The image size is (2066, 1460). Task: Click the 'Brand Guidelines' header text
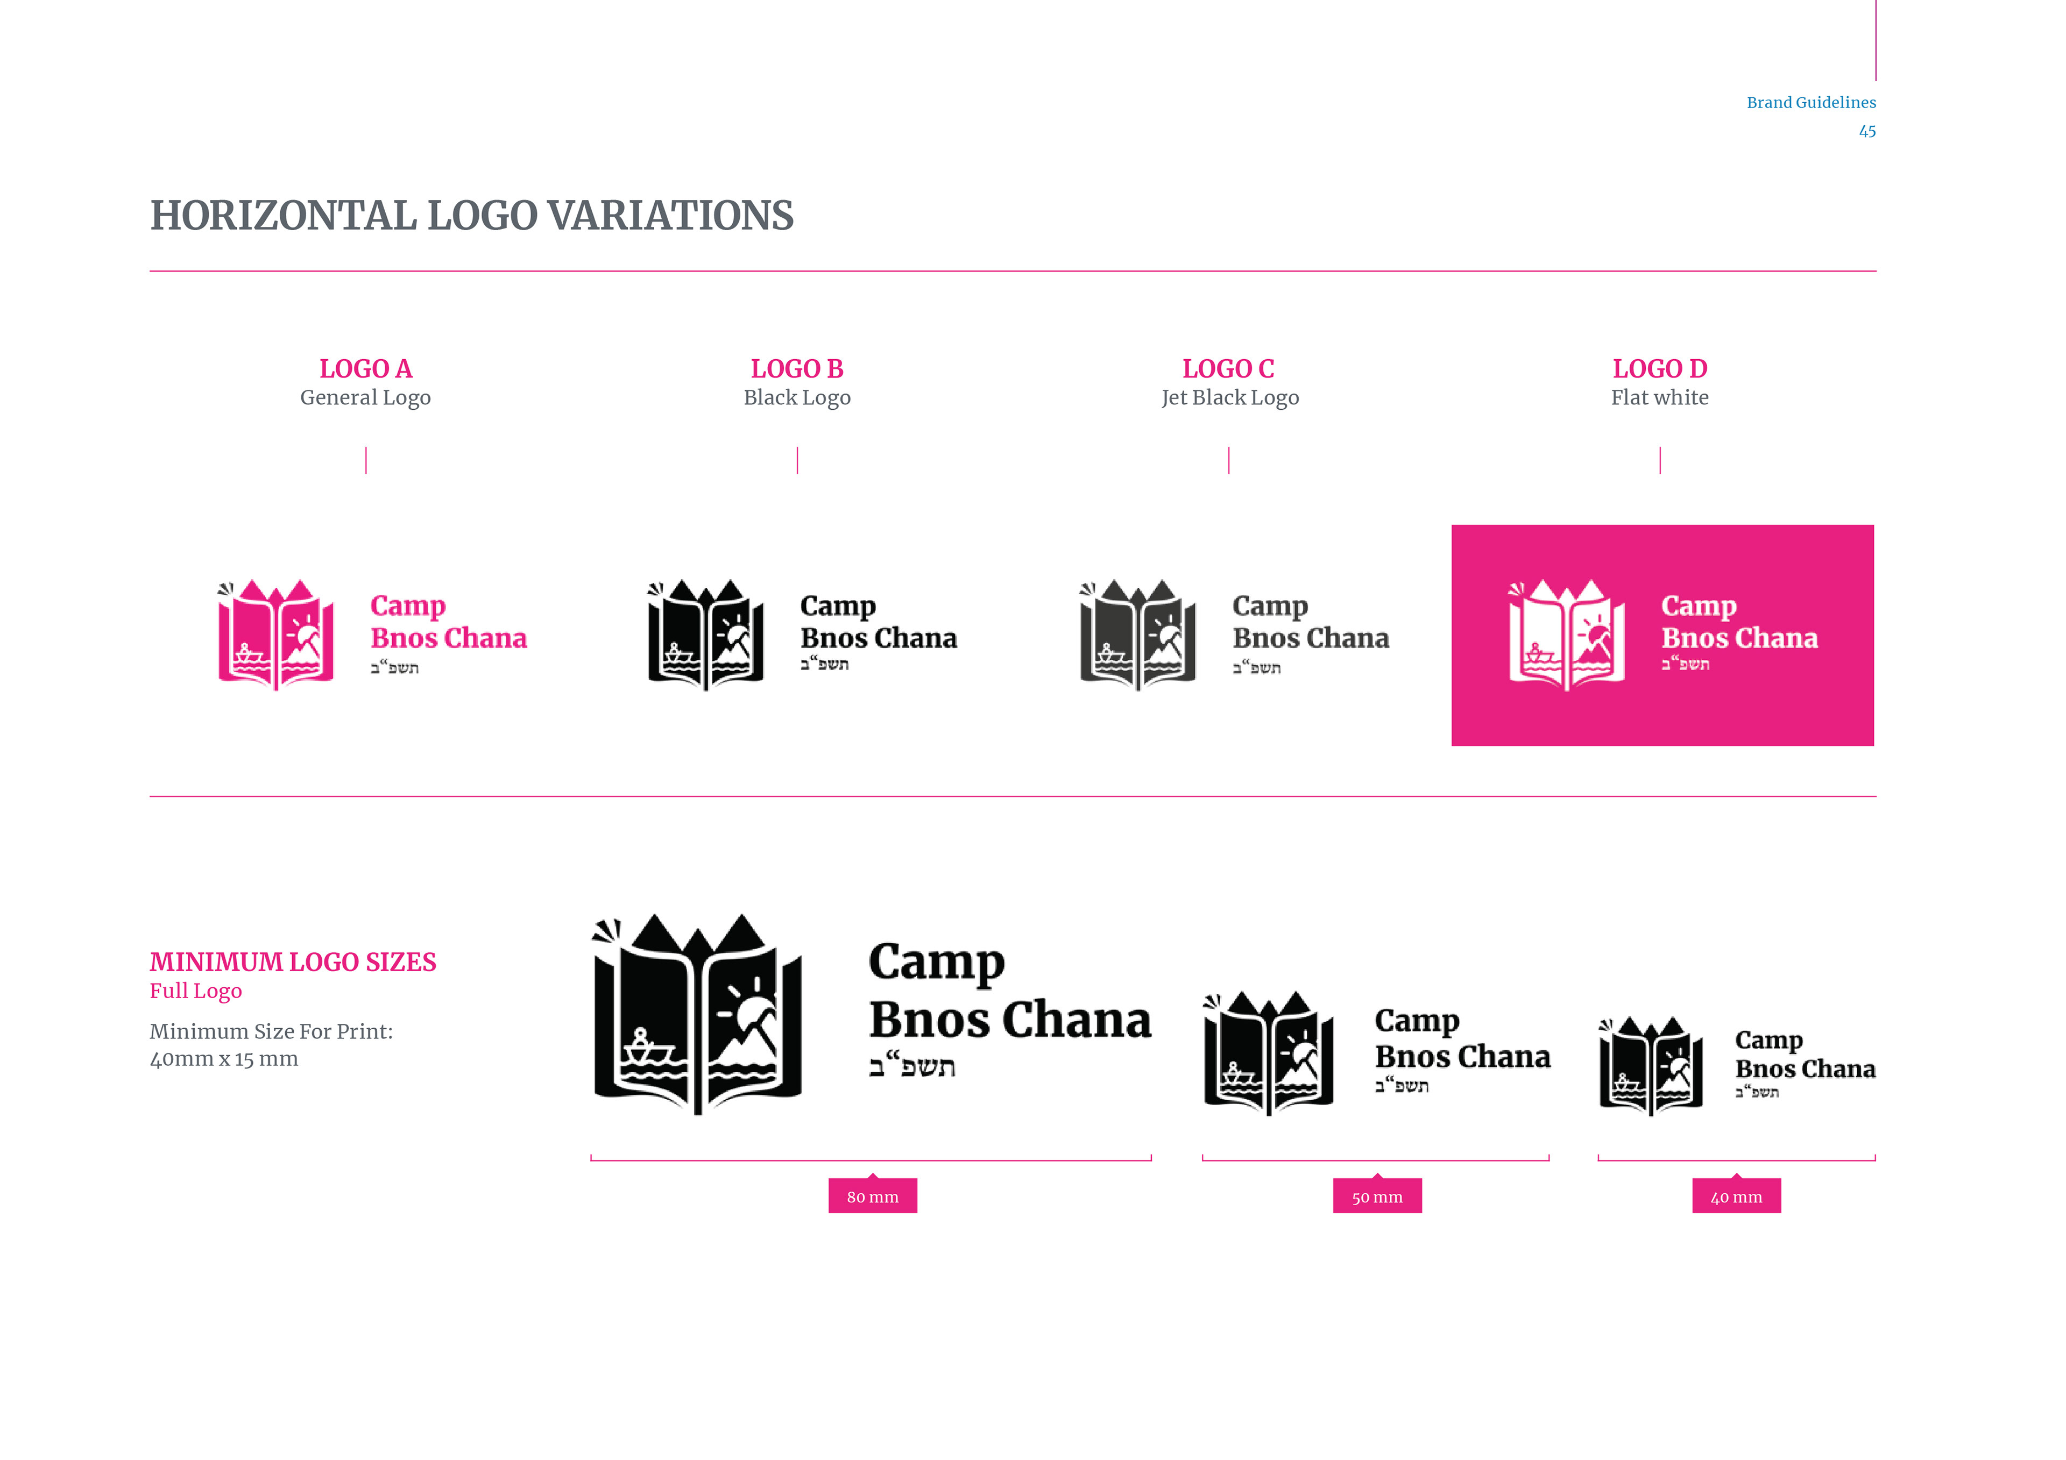click(x=1810, y=103)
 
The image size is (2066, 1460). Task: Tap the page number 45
click(x=1867, y=131)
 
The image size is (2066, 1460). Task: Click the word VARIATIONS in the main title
click(x=670, y=216)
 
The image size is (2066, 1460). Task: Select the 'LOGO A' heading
click(x=365, y=369)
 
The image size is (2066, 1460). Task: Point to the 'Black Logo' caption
click(x=796, y=397)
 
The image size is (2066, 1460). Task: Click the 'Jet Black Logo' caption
click(x=1229, y=397)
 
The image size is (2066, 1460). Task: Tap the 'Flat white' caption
click(x=1659, y=397)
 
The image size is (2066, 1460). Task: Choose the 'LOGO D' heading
click(x=1659, y=369)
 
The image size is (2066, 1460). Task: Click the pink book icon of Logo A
click(x=276, y=634)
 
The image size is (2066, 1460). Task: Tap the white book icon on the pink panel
click(x=1567, y=634)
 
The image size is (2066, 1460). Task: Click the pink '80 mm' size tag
click(x=872, y=1197)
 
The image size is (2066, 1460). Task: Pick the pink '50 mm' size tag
click(x=1377, y=1197)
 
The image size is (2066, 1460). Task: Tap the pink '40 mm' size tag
click(x=1736, y=1197)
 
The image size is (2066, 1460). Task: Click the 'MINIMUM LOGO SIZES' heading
click(x=293, y=963)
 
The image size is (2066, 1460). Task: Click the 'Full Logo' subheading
click(x=195, y=991)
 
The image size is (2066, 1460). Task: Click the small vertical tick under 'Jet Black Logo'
click(x=1228, y=460)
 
